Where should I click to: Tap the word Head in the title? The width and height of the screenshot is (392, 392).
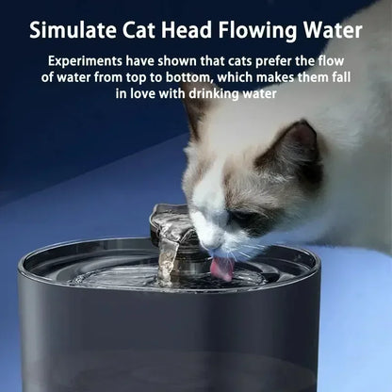pos(197,29)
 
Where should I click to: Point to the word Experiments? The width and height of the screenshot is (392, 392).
pos(91,60)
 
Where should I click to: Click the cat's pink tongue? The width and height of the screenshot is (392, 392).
pos(221,269)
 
